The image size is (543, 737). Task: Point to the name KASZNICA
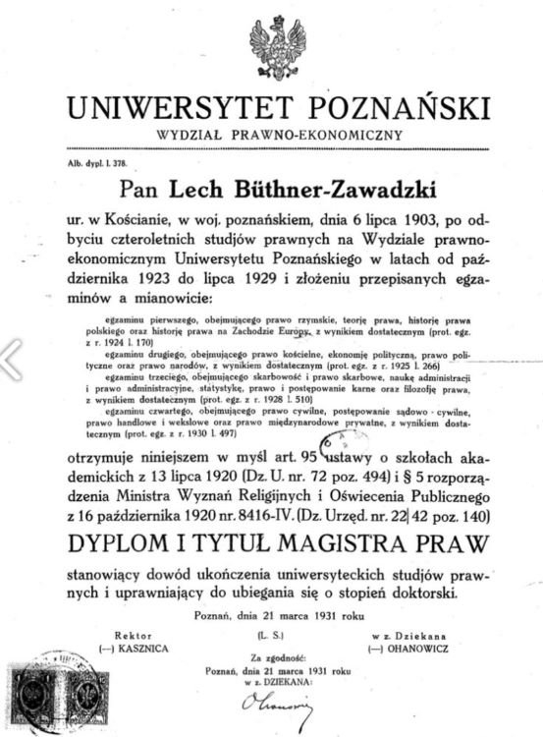coord(137,649)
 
